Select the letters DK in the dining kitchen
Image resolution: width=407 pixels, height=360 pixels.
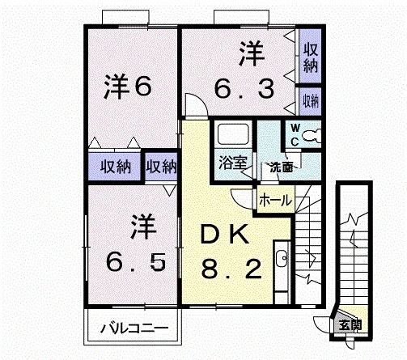pos(227,235)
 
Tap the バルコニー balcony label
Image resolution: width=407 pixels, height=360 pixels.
pos(134,329)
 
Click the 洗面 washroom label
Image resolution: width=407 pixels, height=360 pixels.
pos(281,168)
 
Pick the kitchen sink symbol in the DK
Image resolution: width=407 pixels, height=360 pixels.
pos(281,260)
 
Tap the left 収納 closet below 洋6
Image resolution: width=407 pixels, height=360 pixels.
pos(116,167)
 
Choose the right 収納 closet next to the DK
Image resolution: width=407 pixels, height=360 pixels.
pos(161,167)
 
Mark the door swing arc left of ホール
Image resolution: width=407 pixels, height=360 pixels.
pos(242,199)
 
